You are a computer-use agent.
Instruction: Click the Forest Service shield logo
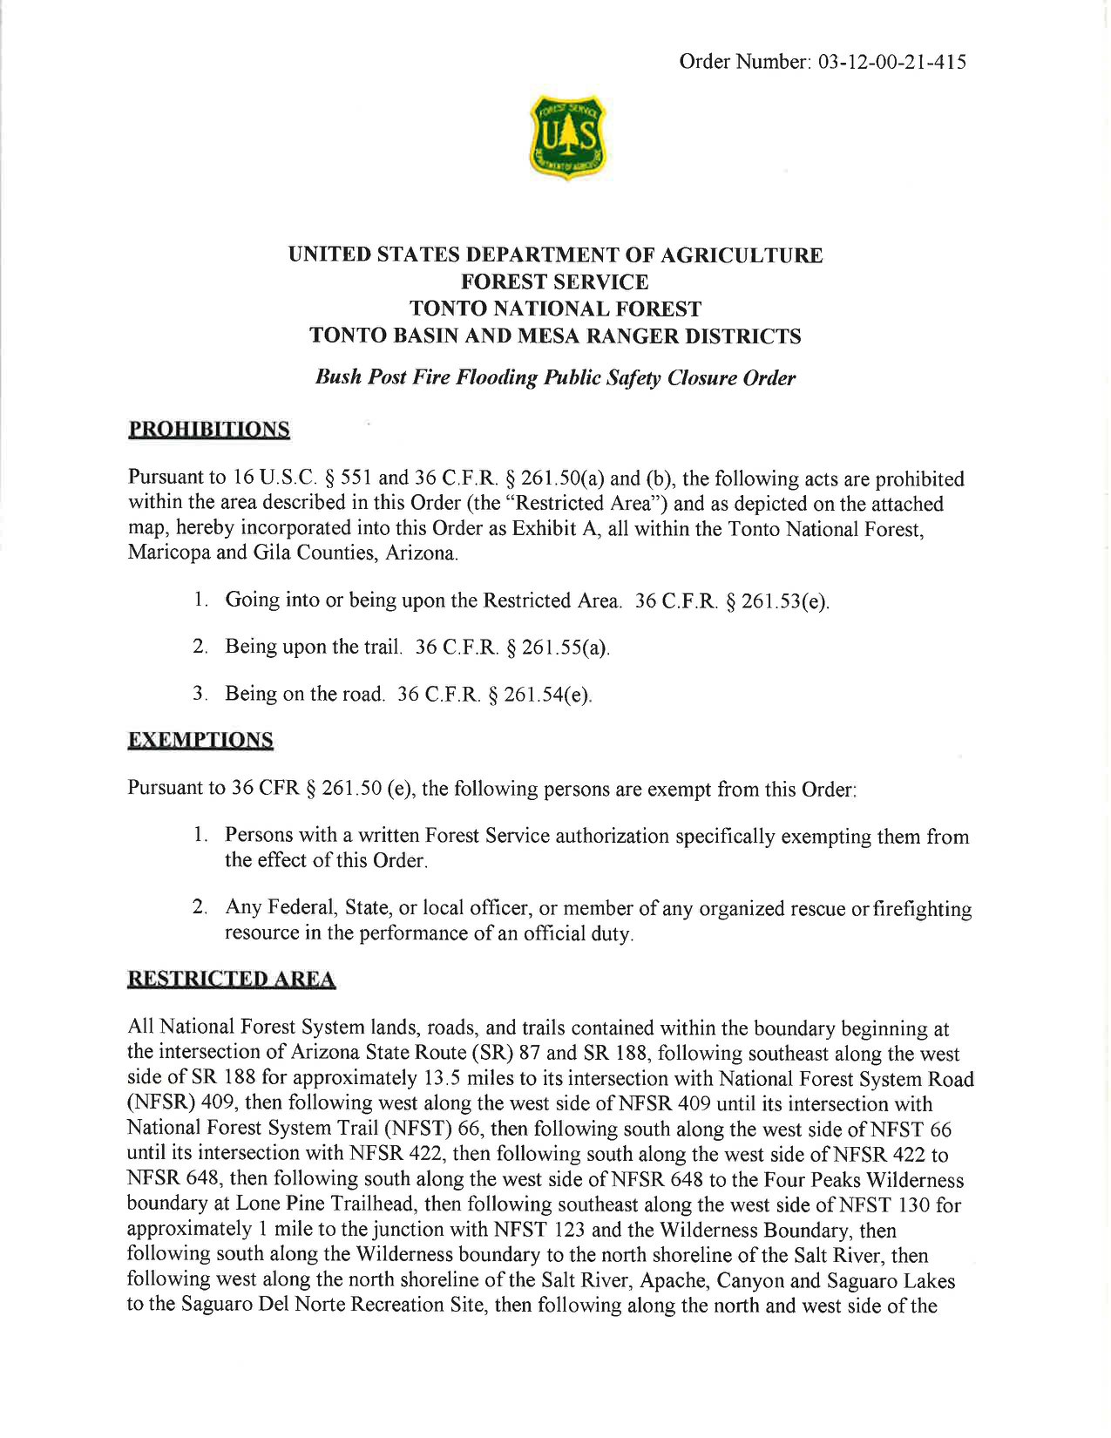567,137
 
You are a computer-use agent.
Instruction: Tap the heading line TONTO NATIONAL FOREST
555,309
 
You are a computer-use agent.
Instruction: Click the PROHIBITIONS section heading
209,429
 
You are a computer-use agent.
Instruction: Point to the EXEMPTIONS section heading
200,740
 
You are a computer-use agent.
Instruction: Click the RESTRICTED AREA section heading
232,980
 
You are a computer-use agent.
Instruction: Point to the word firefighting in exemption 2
923,909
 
